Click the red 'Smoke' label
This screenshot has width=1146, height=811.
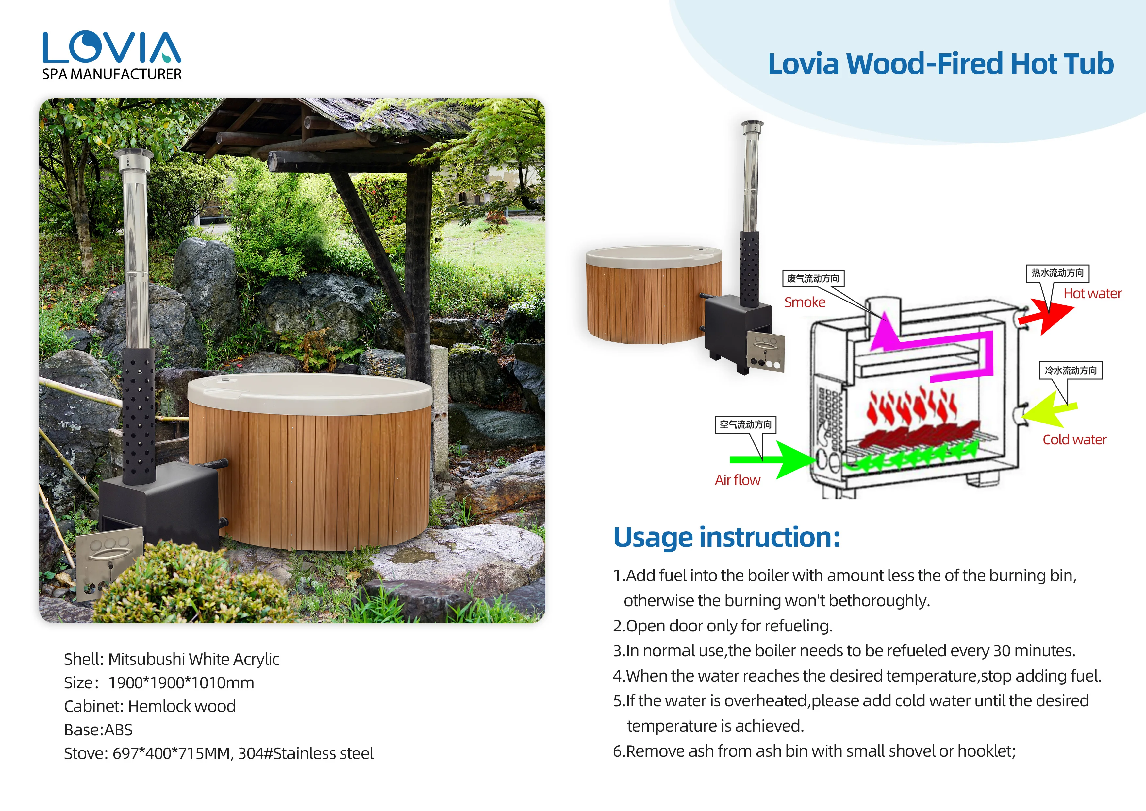point(805,302)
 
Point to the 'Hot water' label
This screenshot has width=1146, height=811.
point(1092,294)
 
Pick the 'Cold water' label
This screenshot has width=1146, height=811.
point(1074,440)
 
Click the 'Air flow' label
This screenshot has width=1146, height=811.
point(737,480)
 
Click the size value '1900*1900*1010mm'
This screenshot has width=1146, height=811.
point(181,683)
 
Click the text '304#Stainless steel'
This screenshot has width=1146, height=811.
point(306,753)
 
